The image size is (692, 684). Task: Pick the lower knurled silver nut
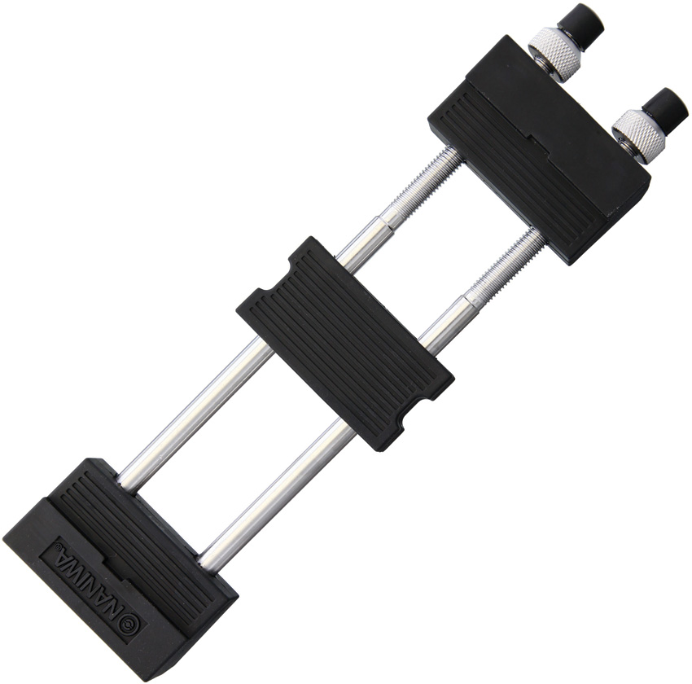coord(638,134)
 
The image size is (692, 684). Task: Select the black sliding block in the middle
coord(344,343)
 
